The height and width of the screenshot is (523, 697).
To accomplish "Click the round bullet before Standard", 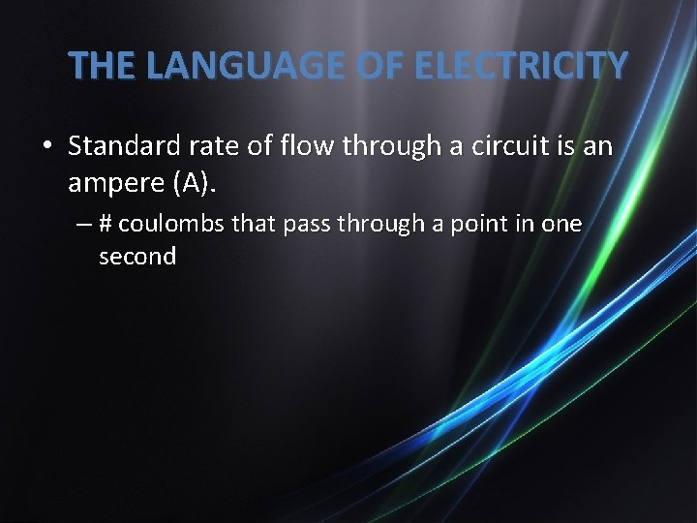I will tap(46, 147).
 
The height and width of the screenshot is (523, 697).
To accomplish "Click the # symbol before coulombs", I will tap(106, 224).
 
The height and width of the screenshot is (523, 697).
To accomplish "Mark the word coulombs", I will tap(171, 224).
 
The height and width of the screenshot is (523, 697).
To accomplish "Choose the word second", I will tap(137, 257).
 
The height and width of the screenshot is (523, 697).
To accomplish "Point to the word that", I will tap(254, 224).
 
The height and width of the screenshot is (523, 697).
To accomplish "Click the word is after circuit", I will tap(559, 146).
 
